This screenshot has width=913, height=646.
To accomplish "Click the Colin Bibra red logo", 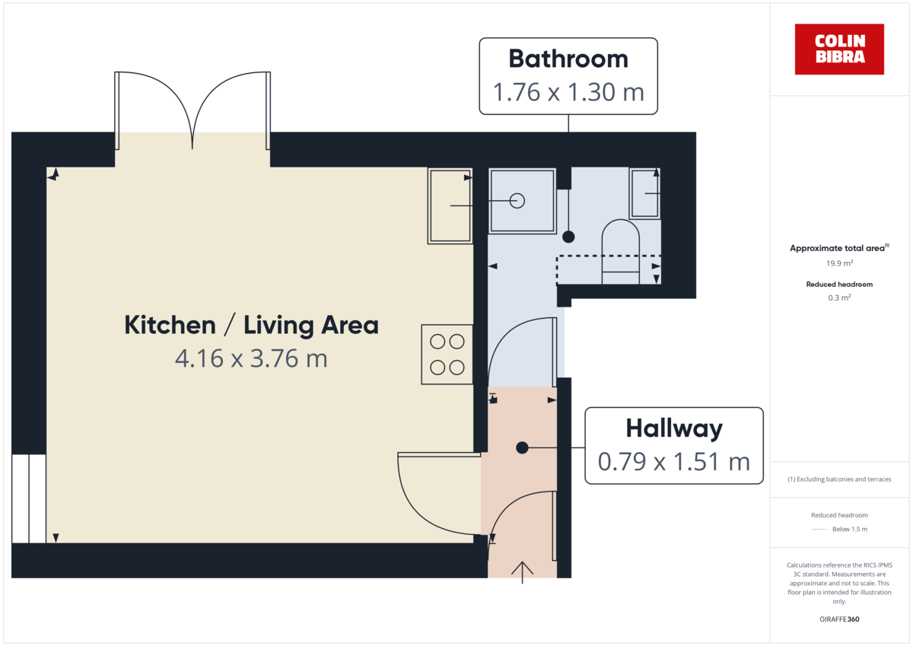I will coord(839,49).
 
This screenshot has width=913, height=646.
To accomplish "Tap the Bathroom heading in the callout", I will coord(568,59).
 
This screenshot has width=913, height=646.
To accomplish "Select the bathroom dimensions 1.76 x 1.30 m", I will coord(568,93).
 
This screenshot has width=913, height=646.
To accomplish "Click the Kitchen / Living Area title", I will coord(251,326).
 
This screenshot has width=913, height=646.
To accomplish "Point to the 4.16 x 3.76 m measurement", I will coord(251,358).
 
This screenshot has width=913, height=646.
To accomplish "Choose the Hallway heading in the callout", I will coord(673,428).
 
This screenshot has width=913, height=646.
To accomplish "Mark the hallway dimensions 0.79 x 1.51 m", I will coord(673,461).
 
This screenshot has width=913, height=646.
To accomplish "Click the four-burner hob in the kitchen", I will coord(447,354).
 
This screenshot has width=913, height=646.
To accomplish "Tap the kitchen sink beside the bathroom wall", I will coord(450,206).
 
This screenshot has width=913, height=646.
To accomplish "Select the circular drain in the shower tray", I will coord(517,201).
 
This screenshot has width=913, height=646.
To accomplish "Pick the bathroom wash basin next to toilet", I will coord(644,193).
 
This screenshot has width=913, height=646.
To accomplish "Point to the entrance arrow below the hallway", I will coord(523,571).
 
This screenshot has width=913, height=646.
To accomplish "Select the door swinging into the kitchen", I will coord(434,495).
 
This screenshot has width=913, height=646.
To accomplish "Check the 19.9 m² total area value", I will coord(839,263).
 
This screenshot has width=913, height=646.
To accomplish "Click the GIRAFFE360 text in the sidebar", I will coord(839,619).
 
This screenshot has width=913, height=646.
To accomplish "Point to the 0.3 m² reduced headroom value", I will coord(839,298).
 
